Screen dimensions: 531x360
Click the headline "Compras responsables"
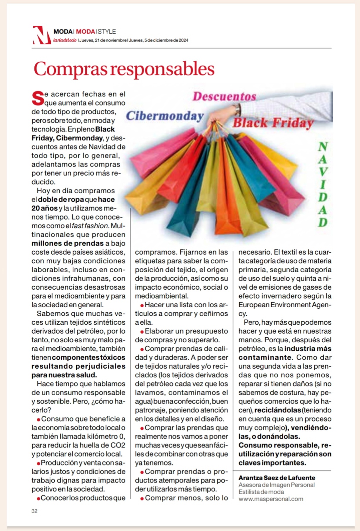124,69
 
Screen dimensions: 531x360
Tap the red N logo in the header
41,35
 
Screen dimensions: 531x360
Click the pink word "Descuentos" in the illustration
225,96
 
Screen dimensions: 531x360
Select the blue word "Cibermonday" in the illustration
165,116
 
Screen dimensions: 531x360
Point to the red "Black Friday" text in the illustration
273,123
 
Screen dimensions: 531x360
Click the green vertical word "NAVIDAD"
323,184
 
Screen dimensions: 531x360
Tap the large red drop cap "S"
38,99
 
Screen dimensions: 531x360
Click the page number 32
34,511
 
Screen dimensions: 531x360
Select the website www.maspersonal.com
271,499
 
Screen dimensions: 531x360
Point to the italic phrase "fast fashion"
90,226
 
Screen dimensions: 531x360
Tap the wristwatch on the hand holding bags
238,110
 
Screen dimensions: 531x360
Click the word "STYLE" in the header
107,32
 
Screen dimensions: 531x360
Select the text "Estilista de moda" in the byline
261,492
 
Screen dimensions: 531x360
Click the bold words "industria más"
308,349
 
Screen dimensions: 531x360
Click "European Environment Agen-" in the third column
285,305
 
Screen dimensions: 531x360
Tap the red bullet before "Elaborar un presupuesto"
142,332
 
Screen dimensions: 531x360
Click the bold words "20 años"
45,208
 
